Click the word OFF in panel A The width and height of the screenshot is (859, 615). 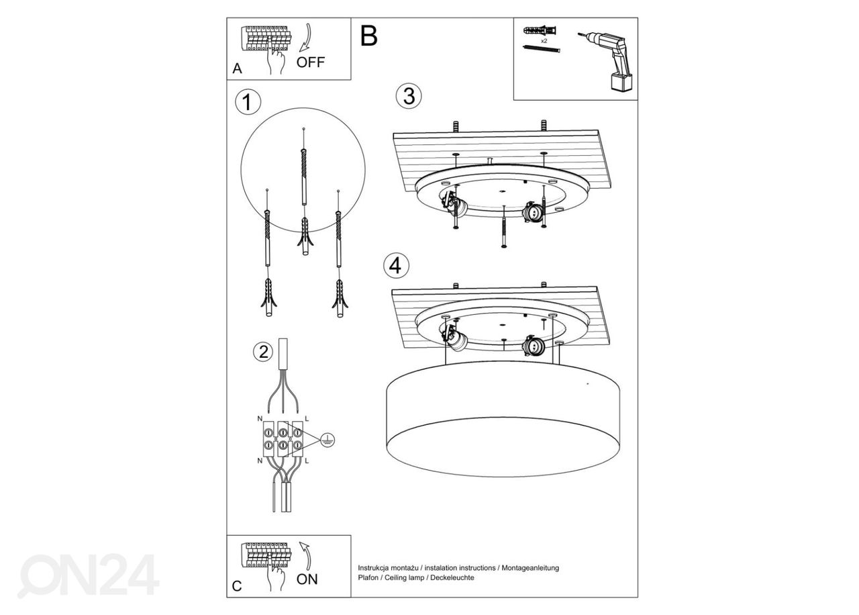point(310,62)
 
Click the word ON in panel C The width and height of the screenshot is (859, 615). point(307,579)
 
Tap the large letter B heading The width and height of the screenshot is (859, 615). point(369,36)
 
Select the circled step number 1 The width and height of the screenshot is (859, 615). point(248,102)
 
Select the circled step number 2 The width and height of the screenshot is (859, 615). point(262,351)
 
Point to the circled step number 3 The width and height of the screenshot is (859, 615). point(409,96)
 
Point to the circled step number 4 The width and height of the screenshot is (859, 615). point(396,266)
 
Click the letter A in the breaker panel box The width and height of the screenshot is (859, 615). point(237,69)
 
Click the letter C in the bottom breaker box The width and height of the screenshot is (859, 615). point(236,586)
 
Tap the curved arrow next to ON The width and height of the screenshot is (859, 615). point(307,555)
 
